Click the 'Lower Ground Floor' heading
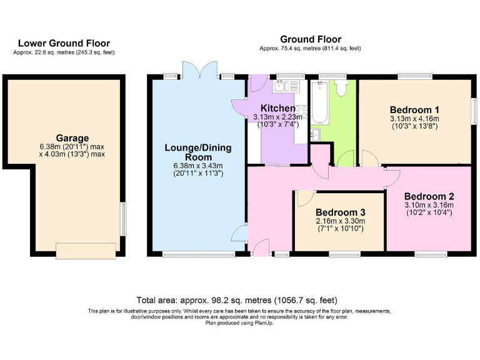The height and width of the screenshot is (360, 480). click(64, 43)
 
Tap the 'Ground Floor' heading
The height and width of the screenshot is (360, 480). click(311, 39)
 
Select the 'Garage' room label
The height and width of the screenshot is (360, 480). click(72, 138)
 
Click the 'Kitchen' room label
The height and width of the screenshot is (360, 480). click(277, 108)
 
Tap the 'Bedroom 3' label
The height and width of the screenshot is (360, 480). click(339, 212)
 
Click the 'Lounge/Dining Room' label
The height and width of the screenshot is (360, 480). click(197, 152)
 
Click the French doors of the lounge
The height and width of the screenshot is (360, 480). click(199, 69)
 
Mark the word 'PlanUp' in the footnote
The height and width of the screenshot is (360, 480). click(265, 322)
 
